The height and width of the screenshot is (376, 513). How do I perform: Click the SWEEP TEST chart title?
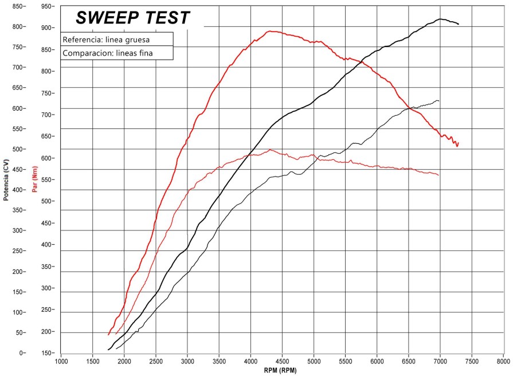[133, 18]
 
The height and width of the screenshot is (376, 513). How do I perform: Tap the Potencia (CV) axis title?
[6, 181]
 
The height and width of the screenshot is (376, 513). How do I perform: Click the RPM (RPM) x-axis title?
[281, 371]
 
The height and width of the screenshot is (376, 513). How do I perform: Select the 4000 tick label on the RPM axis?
[250, 362]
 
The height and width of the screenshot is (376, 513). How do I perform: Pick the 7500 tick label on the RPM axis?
[472, 362]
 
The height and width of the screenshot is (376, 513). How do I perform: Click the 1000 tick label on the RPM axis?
[61, 362]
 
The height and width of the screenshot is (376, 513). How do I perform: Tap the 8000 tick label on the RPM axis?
[503, 362]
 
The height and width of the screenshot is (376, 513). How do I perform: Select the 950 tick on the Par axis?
[48, 6]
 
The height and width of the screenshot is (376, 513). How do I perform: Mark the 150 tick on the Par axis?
[48, 353]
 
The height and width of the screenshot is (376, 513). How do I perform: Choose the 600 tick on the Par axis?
[48, 158]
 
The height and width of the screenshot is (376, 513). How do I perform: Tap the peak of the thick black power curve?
[440, 19]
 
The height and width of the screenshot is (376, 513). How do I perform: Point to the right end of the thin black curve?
[439, 101]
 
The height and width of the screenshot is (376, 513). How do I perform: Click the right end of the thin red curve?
[439, 175]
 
